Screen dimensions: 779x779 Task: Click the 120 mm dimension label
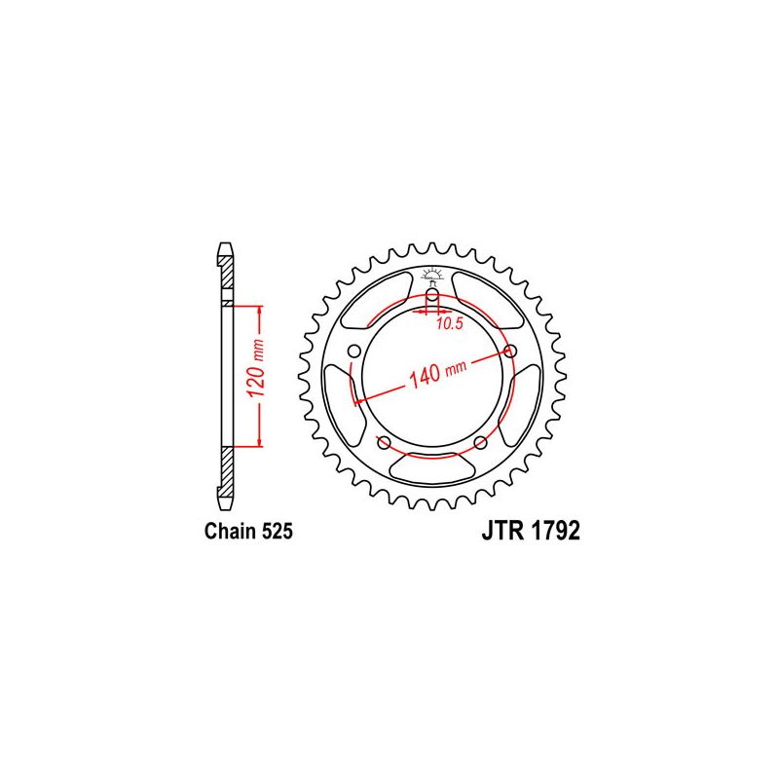click(x=248, y=376)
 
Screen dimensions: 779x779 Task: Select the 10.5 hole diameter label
click(x=449, y=324)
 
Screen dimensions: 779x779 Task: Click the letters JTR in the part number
click(x=502, y=533)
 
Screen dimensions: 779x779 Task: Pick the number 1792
click(x=553, y=533)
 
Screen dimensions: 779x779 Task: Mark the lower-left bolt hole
click(x=384, y=443)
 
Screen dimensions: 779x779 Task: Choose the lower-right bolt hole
click(x=481, y=443)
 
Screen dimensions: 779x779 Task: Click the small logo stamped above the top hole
click(x=432, y=274)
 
